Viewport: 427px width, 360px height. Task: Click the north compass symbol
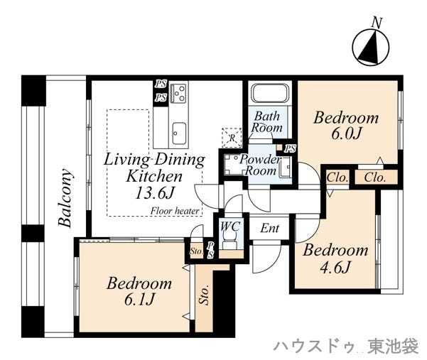click(371, 47)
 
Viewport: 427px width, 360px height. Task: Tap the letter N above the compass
click(377, 22)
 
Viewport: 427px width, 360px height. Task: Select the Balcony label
click(66, 198)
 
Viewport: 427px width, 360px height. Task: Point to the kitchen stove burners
click(178, 93)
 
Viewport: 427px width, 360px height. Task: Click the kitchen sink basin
click(178, 133)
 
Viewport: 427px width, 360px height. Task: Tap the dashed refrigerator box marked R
click(232, 138)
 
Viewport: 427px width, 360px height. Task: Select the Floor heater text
click(175, 211)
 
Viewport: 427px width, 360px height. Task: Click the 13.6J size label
click(154, 193)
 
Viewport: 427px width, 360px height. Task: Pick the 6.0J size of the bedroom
click(346, 133)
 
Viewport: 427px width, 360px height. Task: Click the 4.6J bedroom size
click(335, 267)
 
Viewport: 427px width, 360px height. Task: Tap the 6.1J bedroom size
click(139, 300)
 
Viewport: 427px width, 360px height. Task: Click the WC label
click(230, 226)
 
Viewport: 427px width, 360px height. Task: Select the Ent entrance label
click(269, 228)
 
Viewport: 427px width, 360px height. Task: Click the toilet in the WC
click(230, 241)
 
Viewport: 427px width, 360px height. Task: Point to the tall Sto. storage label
click(204, 295)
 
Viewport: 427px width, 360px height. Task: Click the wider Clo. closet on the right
click(375, 178)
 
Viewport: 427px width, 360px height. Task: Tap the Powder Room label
click(260, 165)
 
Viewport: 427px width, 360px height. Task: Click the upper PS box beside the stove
click(161, 84)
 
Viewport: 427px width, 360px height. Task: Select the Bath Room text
click(267, 122)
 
